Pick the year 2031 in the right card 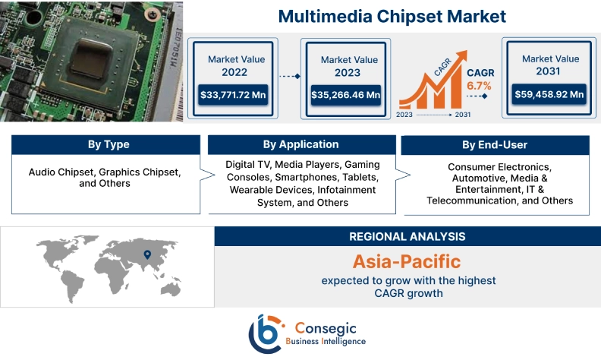(x=547, y=72)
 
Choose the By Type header (x=109, y=145)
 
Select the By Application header (x=300, y=144)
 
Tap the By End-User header (x=495, y=145)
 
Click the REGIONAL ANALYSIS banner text (x=407, y=236)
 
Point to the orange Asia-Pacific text (x=407, y=261)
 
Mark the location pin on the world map (x=147, y=254)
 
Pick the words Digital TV (x=247, y=164)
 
